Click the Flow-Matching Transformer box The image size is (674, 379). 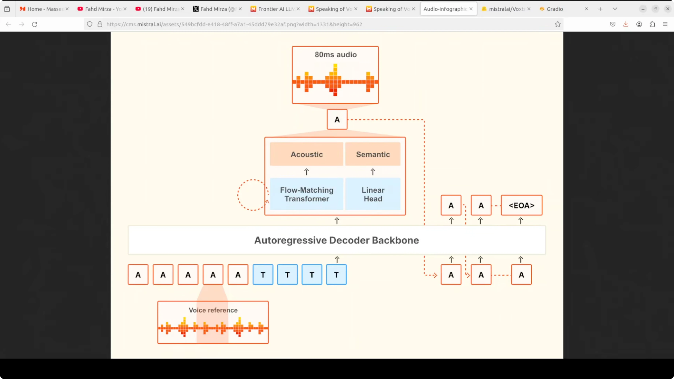point(306,194)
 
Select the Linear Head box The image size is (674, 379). point(373,194)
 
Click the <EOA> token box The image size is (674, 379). point(521,205)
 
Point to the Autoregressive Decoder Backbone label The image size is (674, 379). point(336,240)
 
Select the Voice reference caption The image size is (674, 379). point(213,310)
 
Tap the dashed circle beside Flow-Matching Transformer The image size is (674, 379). point(253,195)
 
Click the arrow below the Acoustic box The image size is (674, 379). point(306,172)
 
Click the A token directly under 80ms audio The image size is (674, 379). point(337,120)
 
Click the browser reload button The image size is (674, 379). point(35,24)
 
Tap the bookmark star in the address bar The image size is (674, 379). point(558,24)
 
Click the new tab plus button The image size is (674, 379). point(600,9)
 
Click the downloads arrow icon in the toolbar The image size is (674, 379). point(626,24)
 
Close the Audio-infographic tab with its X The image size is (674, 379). point(471,9)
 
